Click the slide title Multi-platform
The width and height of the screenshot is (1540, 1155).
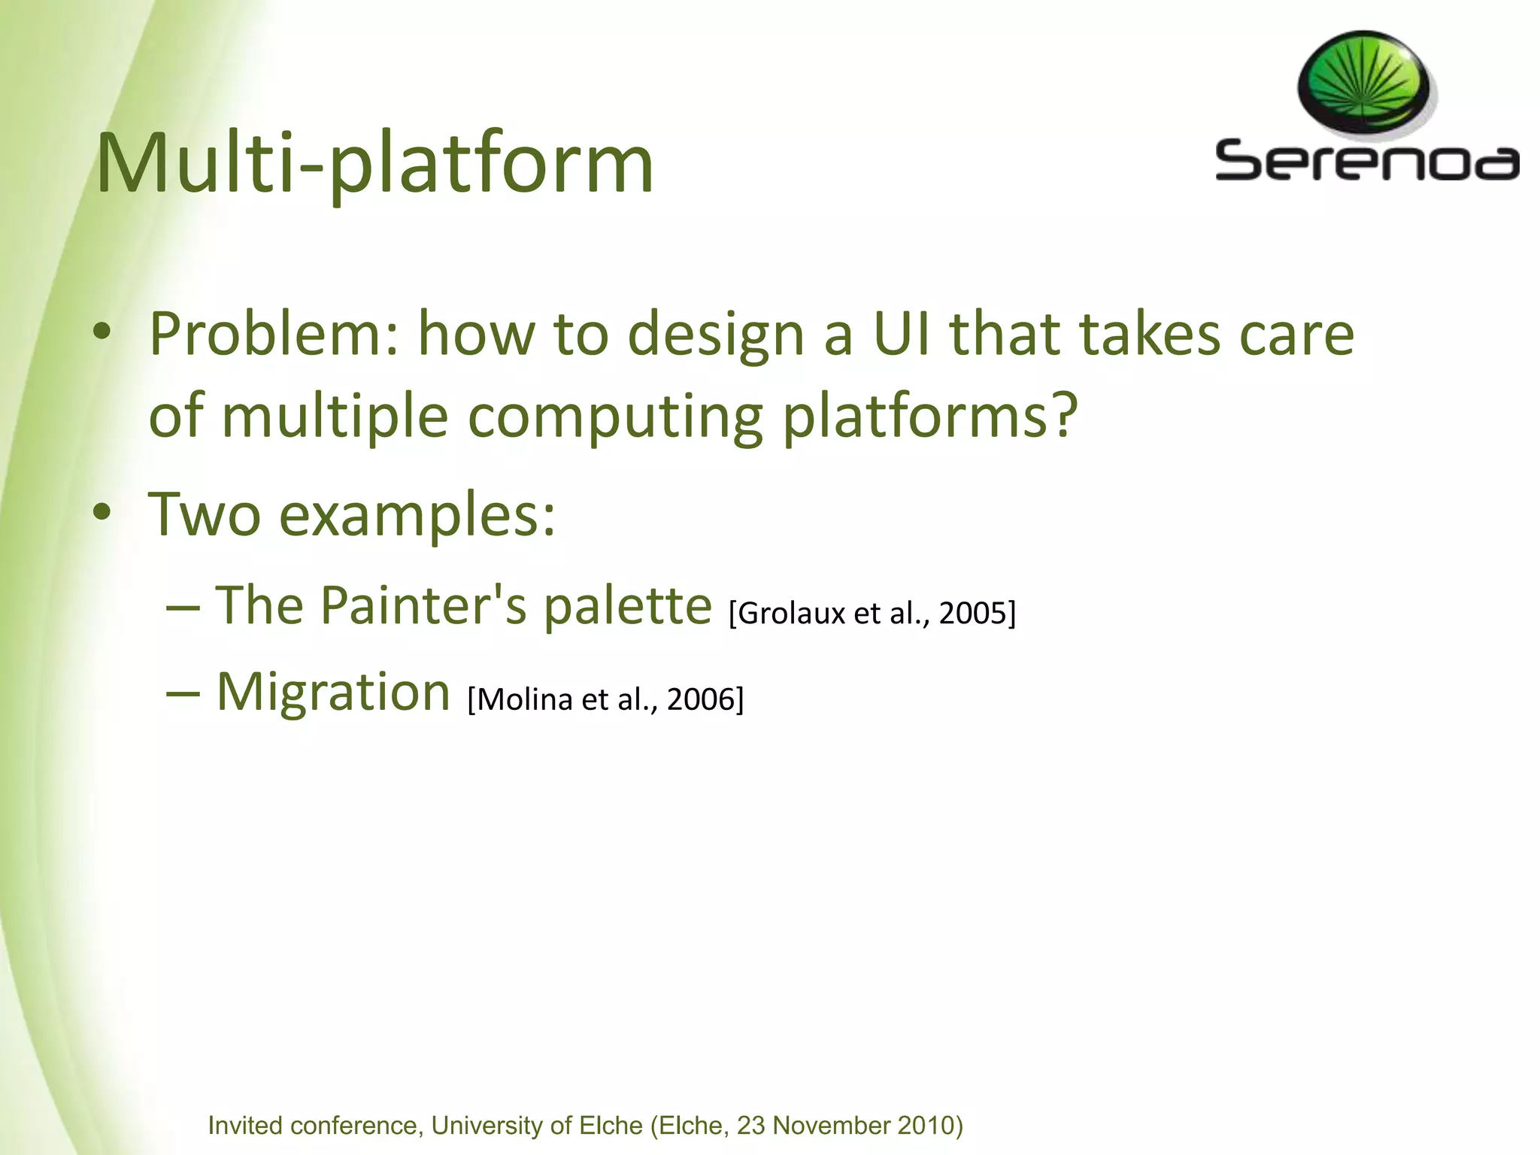(x=374, y=164)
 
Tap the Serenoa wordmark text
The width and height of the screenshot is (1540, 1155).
(x=1366, y=160)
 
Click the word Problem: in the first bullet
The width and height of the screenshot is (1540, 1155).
(x=274, y=335)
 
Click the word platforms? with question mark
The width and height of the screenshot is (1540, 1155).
(x=930, y=417)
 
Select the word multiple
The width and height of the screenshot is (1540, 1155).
(x=335, y=417)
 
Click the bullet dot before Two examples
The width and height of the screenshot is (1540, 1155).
(x=103, y=513)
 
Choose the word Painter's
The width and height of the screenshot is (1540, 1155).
(x=423, y=605)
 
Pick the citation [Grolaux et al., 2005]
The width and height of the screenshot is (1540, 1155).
(x=872, y=614)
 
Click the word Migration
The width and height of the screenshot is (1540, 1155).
(x=333, y=692)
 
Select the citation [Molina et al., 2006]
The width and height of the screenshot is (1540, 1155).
(x=605, y=699)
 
